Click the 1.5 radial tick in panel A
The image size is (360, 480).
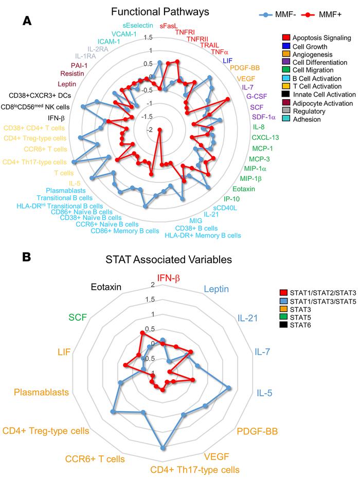[148, 38]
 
